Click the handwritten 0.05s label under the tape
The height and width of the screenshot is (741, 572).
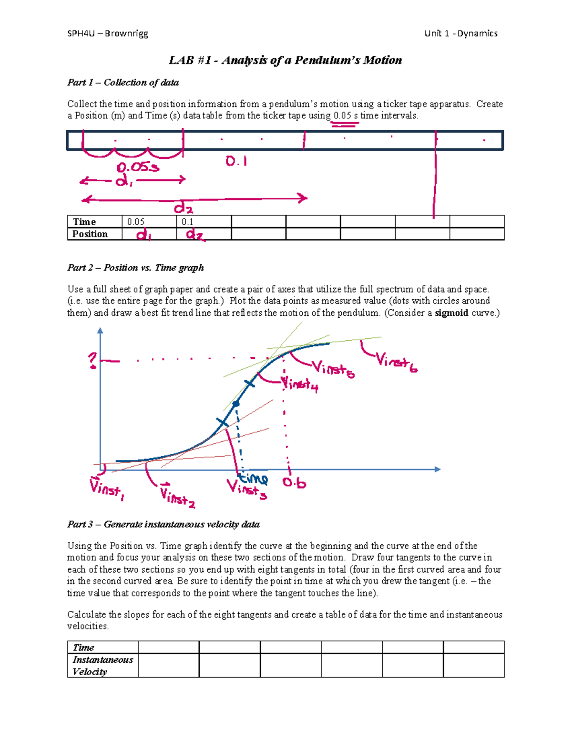[138, 167]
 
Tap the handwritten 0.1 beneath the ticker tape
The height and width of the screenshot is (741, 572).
[236, 162]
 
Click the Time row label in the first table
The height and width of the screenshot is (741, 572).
[84, 222]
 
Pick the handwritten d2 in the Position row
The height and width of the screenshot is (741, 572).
[195, 234]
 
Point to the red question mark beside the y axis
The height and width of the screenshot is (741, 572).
[92, 360]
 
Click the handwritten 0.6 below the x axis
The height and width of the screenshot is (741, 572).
[294, 483]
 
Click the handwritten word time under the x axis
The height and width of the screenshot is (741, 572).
[254, 478]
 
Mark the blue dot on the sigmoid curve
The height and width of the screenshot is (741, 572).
[235, 404]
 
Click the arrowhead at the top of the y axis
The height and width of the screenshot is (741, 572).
[100, 330]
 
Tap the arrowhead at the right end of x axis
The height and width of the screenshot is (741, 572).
[437, 469]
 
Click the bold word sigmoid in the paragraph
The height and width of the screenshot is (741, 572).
[451, 313]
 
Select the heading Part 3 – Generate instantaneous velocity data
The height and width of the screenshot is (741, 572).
[163, 524]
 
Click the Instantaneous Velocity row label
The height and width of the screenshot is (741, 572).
[102, 666]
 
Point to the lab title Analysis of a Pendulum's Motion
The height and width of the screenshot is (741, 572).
[285, 60]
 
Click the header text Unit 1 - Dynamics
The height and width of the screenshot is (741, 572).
[460, 33]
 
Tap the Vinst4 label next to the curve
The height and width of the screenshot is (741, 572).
[299, 384]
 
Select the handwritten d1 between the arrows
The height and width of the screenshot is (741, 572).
[124, 180]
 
